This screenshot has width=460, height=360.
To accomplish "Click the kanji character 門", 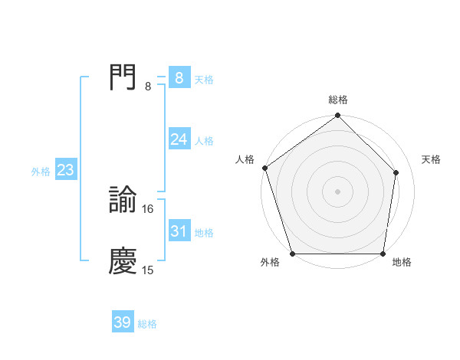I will click(x=123, y=77).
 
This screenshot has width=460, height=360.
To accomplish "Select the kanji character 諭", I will click(x=123, y=200).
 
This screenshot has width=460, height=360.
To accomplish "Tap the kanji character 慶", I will click(x=123, y=261).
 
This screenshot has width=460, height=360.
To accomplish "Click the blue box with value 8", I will click(x=179, y=77).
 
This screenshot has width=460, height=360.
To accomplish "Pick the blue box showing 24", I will click(x=179, y=139).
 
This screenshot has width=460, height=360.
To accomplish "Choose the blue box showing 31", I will click(x=179, y=231).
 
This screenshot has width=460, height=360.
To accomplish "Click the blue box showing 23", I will click(x=65, y=170).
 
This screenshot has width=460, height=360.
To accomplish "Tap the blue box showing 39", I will click(x=122, y=322).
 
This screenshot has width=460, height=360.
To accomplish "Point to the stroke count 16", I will click(x=149, y=208).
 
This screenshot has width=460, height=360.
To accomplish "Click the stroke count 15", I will click(x=149, y=270).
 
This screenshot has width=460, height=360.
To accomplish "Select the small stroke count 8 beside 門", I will click(x=148, y=86).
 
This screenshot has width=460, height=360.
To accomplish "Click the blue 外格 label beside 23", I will click(x=41, y=172).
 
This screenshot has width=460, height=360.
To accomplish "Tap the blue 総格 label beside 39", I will click(x=147, y=324).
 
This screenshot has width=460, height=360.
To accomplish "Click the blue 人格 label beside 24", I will click(x=204, y=141).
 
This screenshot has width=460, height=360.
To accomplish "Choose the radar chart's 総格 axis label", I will click(x=338, y=100).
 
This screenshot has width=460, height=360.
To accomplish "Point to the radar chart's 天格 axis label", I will click(x=432, y=159).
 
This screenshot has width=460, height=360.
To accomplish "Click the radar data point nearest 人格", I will click(x=264, y=168).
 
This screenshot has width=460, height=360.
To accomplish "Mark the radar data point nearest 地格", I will click(x=383, y=254).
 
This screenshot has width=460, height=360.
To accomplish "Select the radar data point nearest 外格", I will click(x=292, y=254).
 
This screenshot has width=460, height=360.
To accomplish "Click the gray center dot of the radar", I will click(x=337, y=191).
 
